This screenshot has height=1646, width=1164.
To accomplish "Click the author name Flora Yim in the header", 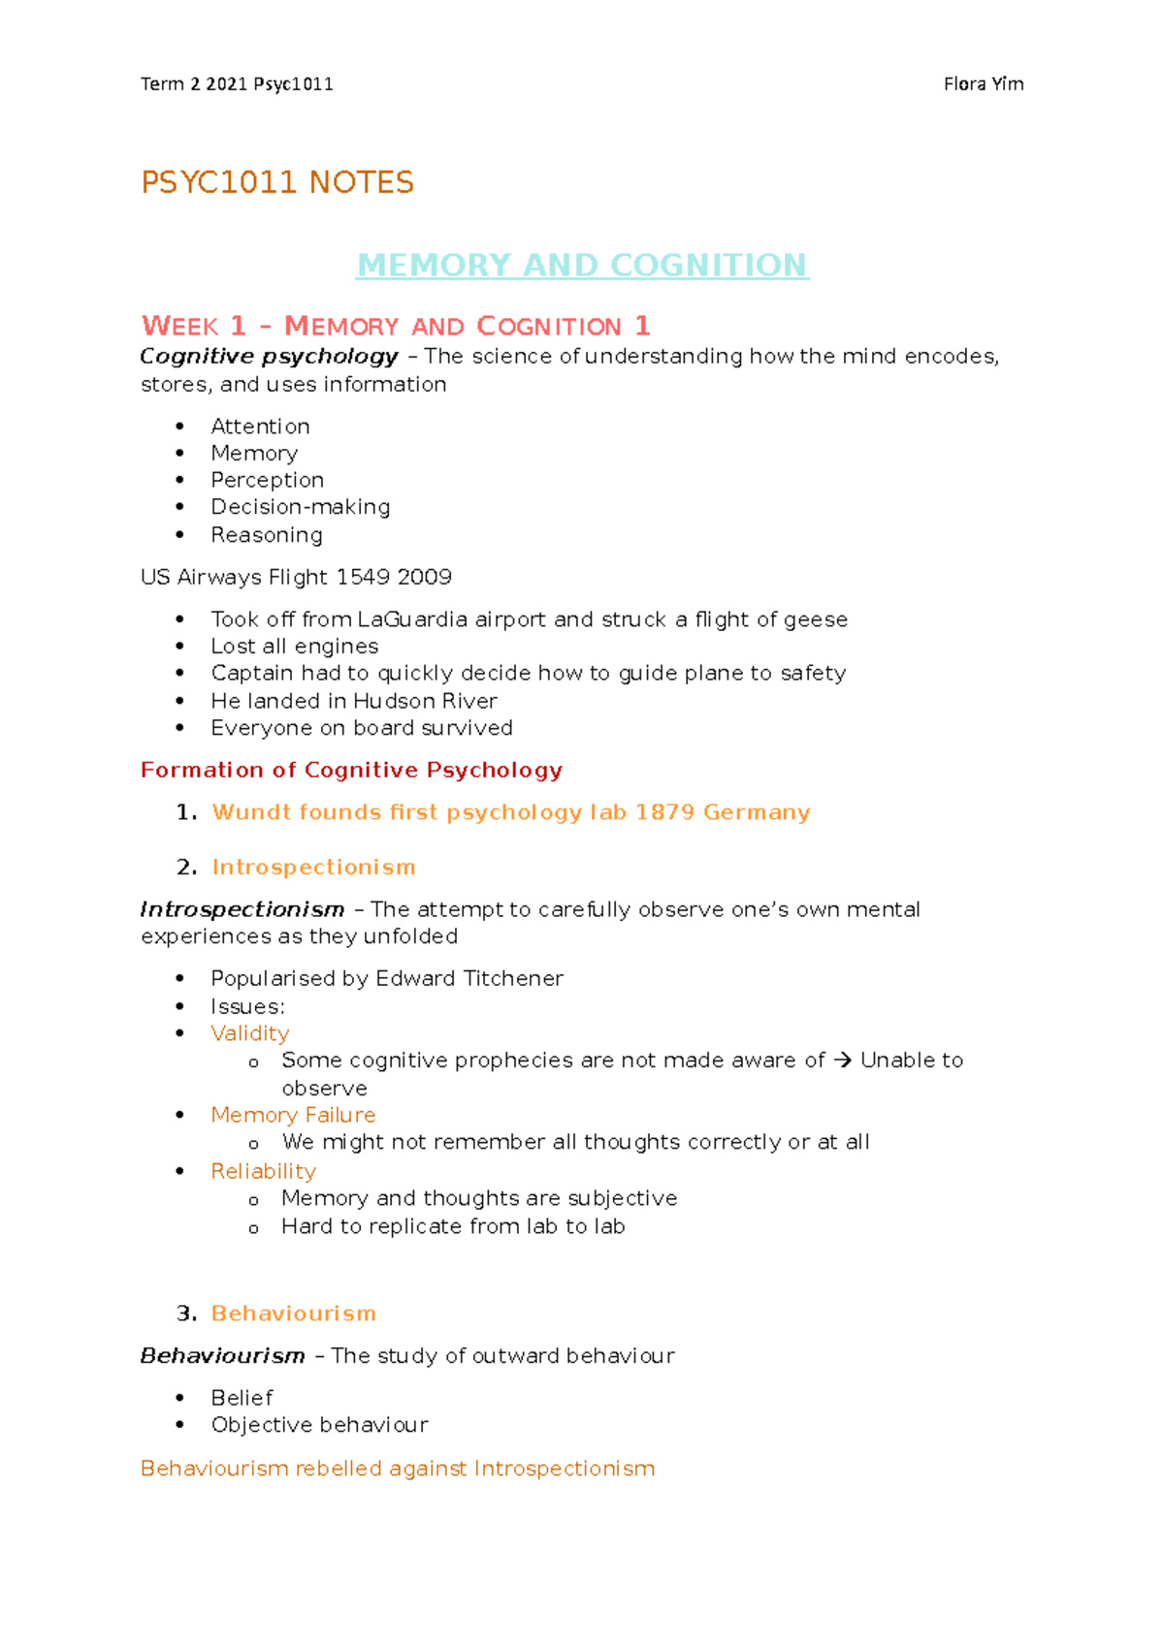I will point(983,84).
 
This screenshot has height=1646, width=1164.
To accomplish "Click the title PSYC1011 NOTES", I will point(277,182).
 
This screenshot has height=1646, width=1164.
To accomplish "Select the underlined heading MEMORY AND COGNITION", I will point(582,265).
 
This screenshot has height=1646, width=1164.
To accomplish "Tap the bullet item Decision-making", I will point(301,507).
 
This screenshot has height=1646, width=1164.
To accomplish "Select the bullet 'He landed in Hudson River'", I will point(354,701).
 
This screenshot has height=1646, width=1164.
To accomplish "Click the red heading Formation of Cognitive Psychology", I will point(351,770).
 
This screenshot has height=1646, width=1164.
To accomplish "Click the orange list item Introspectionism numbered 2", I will point(313,868).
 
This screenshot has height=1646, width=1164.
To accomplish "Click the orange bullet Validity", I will point(250,1033).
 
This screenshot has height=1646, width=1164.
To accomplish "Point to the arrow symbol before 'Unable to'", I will point(842,1060).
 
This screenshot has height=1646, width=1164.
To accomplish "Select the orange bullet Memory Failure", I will point(293,1116).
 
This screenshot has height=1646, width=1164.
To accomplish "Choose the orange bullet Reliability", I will point(264,1171).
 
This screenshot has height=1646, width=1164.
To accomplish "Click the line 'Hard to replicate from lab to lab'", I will point(453,1227).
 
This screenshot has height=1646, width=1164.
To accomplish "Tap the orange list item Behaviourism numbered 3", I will point(293,1314).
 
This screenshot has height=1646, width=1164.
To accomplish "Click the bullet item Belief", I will point(242,1398).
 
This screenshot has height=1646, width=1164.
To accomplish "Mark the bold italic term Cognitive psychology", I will point(269,357).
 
